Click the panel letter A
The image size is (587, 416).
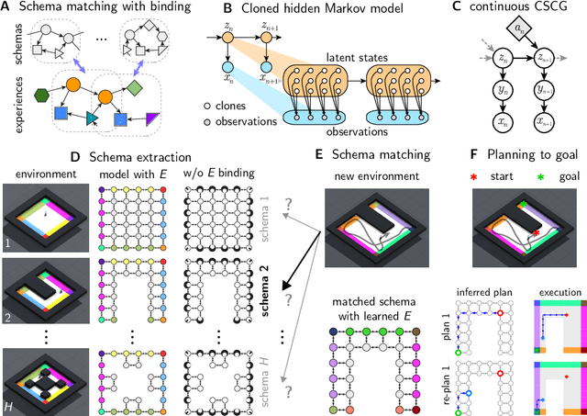point(8,9)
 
